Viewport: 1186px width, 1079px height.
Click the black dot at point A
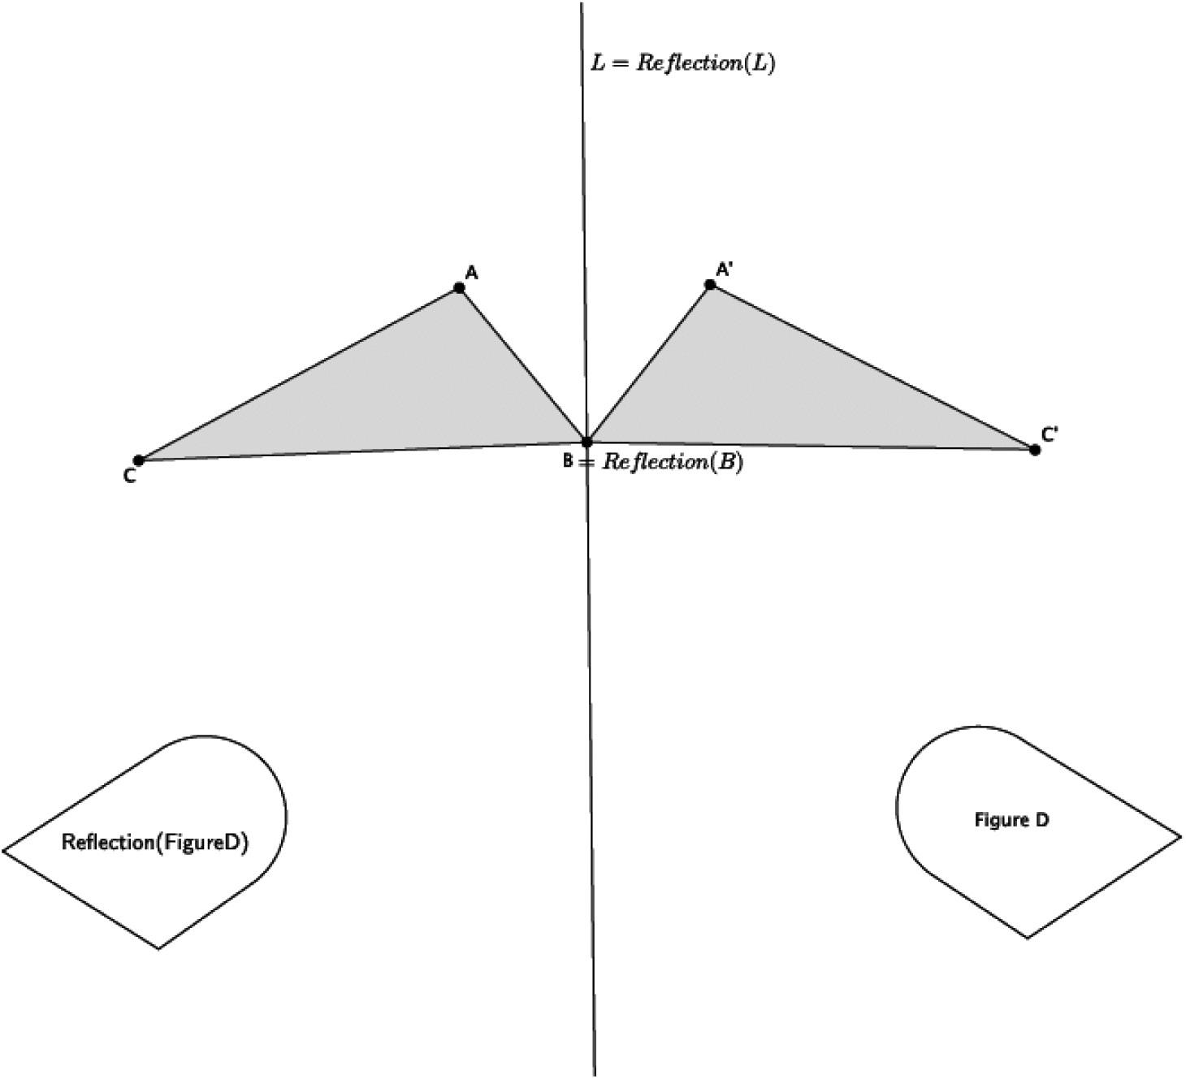459,288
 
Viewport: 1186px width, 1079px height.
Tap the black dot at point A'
710,285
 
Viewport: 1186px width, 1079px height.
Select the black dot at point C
138,460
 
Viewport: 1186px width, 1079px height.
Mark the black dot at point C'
1034,450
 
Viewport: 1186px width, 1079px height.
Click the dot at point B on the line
587,442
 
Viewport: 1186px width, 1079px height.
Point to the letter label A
471,273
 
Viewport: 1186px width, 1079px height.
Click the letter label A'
725,270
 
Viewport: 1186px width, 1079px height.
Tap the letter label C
130,477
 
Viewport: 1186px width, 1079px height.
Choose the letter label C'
1050,435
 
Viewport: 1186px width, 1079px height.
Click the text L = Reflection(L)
682,63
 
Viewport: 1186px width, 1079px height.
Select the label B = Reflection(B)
653,463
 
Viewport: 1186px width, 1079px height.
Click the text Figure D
1011,820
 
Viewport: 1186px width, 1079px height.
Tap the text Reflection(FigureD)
155,843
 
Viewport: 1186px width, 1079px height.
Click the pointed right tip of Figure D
1180,835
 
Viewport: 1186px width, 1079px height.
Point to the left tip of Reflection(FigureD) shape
5,851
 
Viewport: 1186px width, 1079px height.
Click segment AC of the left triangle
299,374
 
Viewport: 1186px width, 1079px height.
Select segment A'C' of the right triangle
872,367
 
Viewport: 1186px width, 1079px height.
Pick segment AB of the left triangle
522,365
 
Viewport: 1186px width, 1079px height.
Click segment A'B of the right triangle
648,364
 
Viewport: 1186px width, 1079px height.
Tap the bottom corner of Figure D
1028,938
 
